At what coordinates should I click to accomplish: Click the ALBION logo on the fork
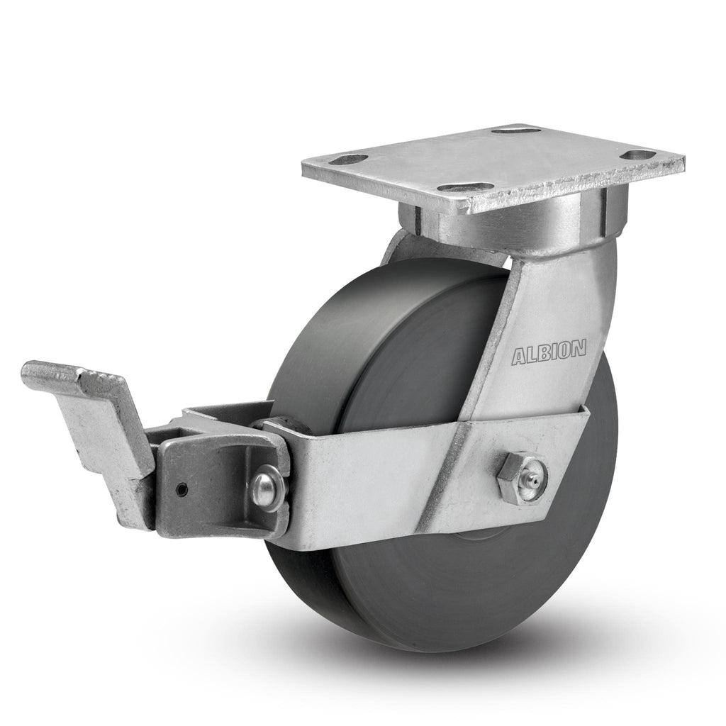[549, 352]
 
